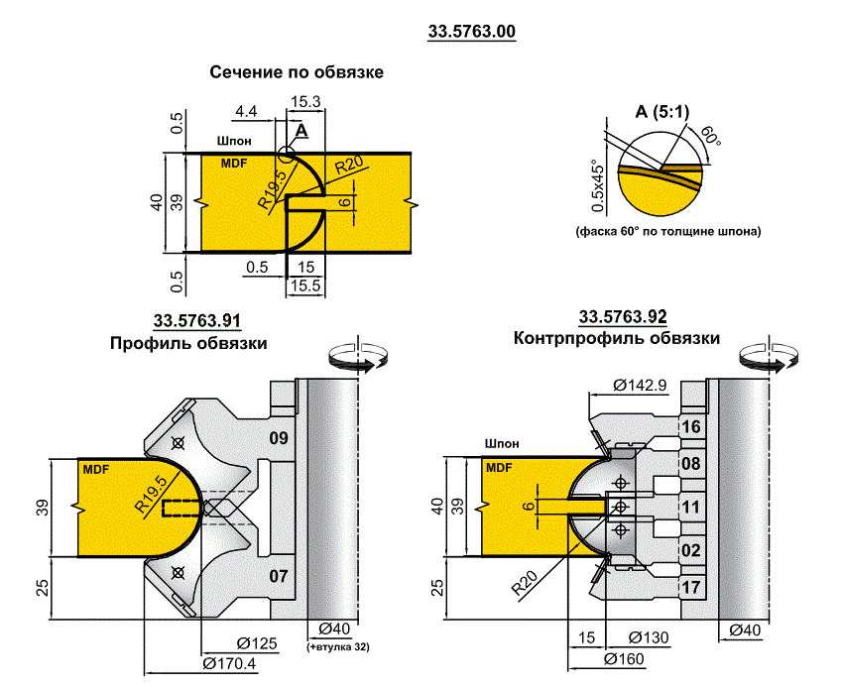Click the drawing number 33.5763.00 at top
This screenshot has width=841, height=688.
(471, 32)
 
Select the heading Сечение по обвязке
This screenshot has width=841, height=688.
(296, 72)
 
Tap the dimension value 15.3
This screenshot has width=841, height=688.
(304, 102)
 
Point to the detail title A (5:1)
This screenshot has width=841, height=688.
(661, 111)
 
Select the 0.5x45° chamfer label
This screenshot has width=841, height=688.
(597, 186)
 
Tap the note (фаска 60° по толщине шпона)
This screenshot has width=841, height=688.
(667, 231)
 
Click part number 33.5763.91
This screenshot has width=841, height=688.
(197, 320)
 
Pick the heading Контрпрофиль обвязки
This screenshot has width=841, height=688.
(616, 338)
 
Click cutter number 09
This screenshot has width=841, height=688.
(280, 437)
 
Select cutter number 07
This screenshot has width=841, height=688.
(280, 574)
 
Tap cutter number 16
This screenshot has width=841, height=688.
(693, 427)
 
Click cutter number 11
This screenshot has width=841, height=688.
(693, 508)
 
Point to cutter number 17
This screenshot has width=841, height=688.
(693, 588)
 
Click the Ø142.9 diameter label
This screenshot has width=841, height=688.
(639, 385)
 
